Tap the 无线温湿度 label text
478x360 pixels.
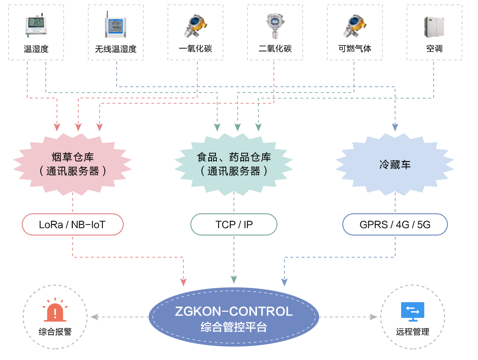click(116, 49)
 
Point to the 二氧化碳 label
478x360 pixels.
click(275, 49)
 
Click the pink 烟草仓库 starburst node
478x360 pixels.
click(73, 164)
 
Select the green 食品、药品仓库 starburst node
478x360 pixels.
click(233, 164)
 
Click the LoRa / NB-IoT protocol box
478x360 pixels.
click(73, 225)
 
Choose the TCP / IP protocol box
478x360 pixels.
click(234, 225)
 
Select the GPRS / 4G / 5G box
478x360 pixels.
click(395, 225)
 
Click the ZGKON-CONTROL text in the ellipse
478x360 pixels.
click(234, 311)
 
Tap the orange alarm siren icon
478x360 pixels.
click(55, 311)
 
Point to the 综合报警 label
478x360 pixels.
click(55, 332)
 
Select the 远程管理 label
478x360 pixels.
click(413, 332)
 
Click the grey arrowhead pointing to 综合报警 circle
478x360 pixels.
click(94, 317)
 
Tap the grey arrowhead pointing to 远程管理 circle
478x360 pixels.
click(373, 317)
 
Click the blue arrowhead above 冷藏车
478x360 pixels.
click(395, 127)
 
